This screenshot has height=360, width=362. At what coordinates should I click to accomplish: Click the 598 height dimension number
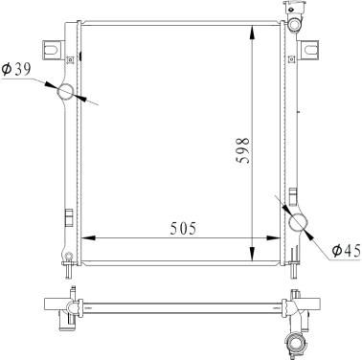point(244,150)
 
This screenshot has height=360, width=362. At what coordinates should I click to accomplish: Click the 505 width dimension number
point(183,229)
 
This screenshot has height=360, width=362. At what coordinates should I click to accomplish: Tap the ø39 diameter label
point(16,69)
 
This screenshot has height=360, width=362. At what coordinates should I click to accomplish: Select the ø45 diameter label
point(346,251)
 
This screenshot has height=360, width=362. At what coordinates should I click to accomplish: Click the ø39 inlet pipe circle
point(65,92)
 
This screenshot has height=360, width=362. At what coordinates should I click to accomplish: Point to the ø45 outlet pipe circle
point(298,222)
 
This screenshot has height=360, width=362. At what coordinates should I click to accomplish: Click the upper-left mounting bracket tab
point(52,50)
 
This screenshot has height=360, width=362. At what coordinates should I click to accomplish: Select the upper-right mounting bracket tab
point(309,50)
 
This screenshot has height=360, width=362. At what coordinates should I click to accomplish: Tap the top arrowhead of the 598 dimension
point(252,32)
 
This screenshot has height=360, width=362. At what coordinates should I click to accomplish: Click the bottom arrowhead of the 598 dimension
point(252,254)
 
